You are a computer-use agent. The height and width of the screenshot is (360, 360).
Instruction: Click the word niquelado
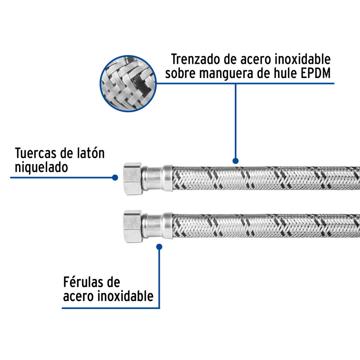[x=41, y=167]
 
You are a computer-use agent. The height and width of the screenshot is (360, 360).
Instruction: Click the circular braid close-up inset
[x=128, y=84]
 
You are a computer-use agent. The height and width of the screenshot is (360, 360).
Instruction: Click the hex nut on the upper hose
[x=133, y=179]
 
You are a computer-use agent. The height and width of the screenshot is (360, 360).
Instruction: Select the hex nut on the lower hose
[x=133, y=226]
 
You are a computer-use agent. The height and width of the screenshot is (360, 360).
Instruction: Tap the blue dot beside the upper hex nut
[x=115, y=177]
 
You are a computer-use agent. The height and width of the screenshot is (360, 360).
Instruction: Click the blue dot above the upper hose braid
[x=236, y=161]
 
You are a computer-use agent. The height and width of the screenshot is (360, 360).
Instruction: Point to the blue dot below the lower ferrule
[x=159, y=247]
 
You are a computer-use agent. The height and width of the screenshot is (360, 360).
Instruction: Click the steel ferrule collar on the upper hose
[x=157, y=178]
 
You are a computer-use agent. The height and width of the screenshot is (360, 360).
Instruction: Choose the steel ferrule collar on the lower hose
[x=157, y=226]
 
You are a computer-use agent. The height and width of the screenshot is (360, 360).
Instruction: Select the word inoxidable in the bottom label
[x=125, y=296]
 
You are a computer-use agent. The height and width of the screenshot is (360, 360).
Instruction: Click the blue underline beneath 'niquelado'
[x=63, y=177]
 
